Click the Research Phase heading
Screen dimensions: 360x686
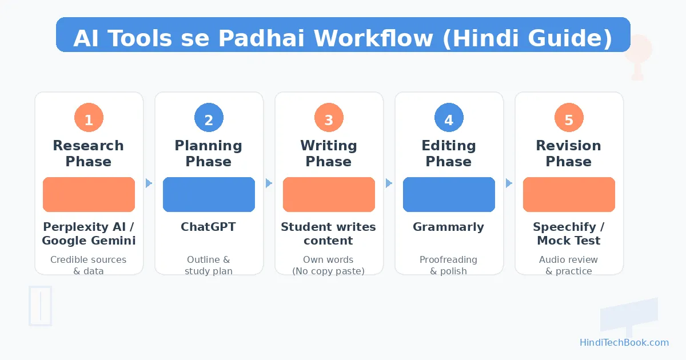pyautogui.click(x=89, y=153)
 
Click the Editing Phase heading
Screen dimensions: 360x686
pyautogui.click(x=449, y=153)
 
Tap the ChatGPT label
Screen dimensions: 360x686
pyautogui.click(x=209, y=227)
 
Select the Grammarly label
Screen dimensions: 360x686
pyautogui.click(x=449, y=227)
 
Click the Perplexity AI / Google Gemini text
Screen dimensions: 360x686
pyautogui.click(x=89, y=234)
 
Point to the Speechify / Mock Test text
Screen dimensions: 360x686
pyautogui.click(x=569, y=234)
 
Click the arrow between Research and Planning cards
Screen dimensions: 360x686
pyautogui.click(x=149, y=183)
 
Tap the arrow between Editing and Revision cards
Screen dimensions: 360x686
pyautogui.click(x=509, y=183)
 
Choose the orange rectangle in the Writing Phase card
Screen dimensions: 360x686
pyautogui.click(x=329, y=194)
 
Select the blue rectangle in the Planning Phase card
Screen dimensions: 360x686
pyautogui.click(x=209, y=194)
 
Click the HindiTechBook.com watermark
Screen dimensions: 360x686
pyautogui.click(x=624, y=342)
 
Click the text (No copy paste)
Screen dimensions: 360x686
pyautogui.click(x=329, y=271)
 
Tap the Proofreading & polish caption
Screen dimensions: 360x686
pyautogui.click(x=449, y=265)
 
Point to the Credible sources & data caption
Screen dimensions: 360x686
pyautogui.click(x=89, y=265)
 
